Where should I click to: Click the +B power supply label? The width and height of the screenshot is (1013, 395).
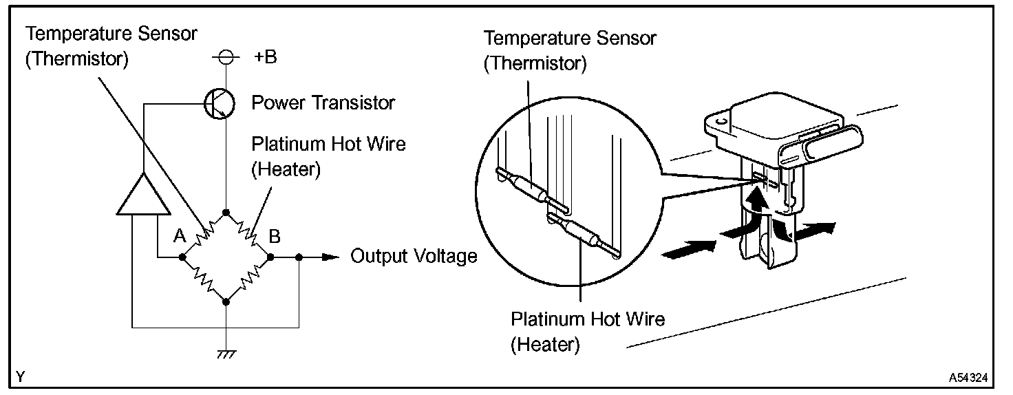coord(265,58)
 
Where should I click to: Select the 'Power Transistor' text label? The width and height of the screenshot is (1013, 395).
coord(323,103)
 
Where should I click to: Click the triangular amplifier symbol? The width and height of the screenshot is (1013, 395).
coord(143,196)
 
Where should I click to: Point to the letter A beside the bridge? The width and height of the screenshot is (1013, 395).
coord(180,237)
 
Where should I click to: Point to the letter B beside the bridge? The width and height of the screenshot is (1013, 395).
coord(275,237)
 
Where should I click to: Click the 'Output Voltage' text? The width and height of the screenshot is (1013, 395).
coord(414,257)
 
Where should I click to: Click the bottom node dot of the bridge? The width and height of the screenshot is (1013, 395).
coord(226,301)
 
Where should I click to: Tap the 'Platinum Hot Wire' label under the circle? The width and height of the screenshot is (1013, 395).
coord(587,319)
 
